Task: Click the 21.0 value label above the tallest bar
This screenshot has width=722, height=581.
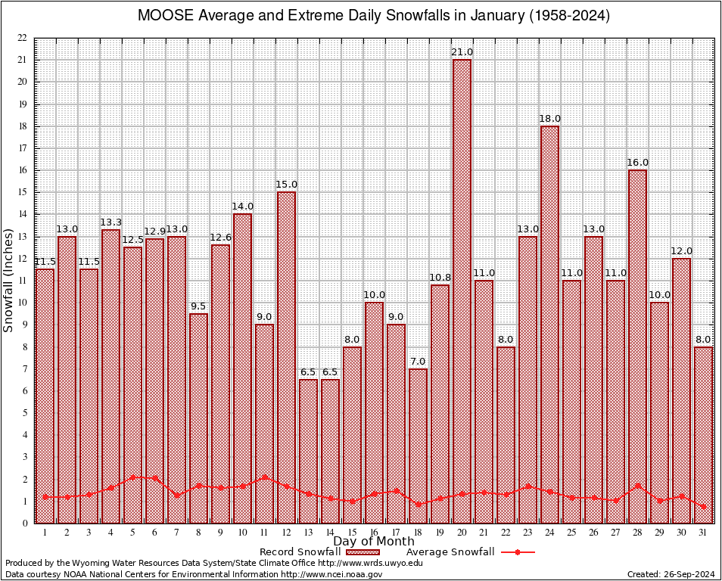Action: click(x=462, y=51)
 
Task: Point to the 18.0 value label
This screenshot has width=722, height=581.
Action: click(x=550, y=118)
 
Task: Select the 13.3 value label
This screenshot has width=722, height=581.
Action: click(x=111, y=222)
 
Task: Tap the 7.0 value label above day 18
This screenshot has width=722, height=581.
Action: click(x=419, y=361)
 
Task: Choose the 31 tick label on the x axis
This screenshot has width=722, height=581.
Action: click(x=704, y=533)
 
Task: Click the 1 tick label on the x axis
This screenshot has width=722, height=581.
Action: click(x=45, y=533)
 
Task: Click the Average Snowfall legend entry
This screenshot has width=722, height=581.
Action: click(x=450, y=551)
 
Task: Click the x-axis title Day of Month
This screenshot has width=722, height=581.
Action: click(x=373, y=542)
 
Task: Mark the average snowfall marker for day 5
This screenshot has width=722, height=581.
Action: click(x=133, y=477)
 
